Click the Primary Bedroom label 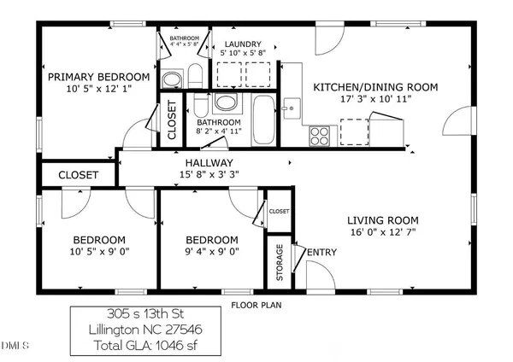coord(98,77)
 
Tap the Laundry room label coord(243,44)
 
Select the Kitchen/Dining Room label coord(375,87)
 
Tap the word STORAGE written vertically coord(279,262)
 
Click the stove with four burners coord(320,134)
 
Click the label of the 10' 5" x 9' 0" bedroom coord(98,240)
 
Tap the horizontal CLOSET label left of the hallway coord(78,175)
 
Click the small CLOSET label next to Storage coord(279,211)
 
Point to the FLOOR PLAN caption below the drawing coord(257,304)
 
